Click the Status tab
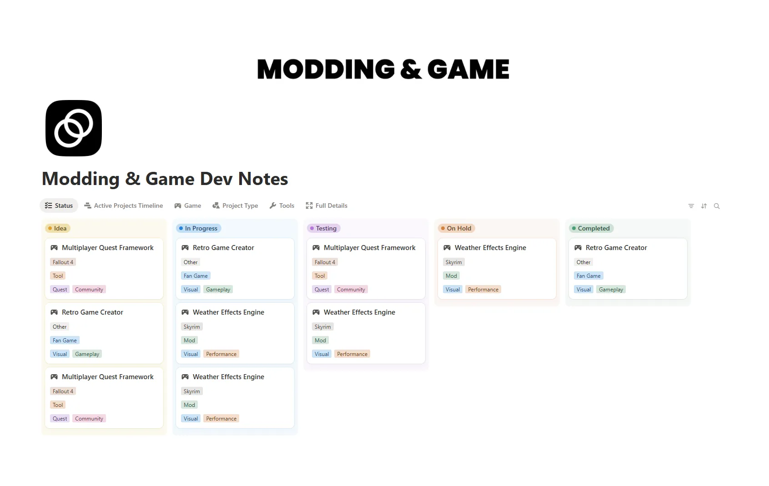(59, 205)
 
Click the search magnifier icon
(717, 206)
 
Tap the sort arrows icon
(704, 206)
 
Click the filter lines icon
(691, 206)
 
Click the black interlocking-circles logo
(74, 128)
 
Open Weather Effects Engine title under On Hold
(490, 248)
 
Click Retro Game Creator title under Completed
(616, 248)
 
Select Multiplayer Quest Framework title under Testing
(369, 248)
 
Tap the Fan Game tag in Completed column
(588, 276)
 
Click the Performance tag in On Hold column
(483, 290)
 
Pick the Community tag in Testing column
(351, 290)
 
